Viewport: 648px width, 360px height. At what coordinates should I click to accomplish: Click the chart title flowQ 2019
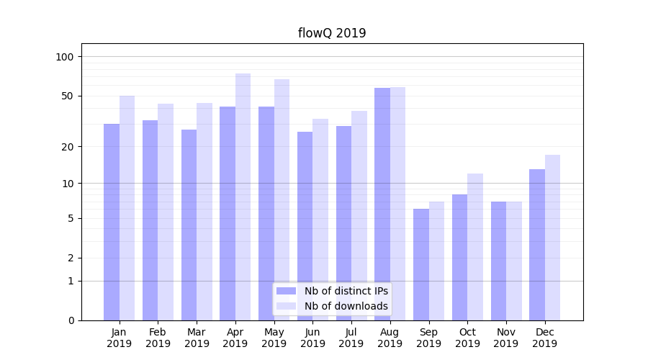(x=332, y=33)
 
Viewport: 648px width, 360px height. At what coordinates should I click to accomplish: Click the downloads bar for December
(x=552, y=238)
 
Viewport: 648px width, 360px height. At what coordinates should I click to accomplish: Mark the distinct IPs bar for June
(x=305, y=226)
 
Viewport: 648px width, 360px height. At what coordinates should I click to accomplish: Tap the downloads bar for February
(x=166, y=212)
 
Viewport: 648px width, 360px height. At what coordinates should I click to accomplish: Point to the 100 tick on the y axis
(x=65, y=57)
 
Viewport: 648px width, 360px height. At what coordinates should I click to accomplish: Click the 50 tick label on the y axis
(x=68, y=96)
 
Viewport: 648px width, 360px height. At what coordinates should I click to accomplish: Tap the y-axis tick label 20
(x=68, y=147)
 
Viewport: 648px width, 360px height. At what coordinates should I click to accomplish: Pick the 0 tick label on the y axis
(x=71, y=320)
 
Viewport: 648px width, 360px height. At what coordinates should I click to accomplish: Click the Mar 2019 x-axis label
(x=197, y=338)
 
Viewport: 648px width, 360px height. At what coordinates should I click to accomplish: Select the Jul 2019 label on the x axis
(x=351, y=338)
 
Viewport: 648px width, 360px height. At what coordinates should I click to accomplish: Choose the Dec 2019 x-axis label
(x=544, y=338)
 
